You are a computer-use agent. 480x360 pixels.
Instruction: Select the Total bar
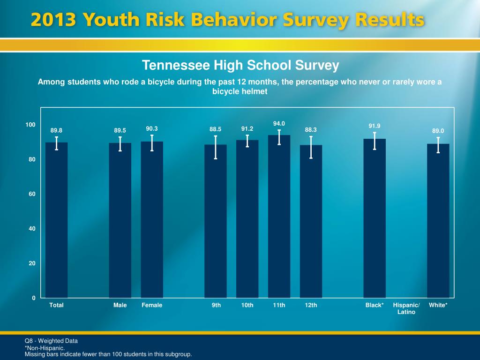tap(56, 220)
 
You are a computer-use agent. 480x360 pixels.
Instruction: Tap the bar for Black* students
tap(375, 218)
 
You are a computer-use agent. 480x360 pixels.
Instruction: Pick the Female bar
tap(152, 220)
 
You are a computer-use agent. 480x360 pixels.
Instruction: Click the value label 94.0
tap(279, 123)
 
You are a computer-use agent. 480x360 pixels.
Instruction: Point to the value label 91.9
tap(374, 126)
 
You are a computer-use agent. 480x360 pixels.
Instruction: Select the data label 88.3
tap(311, 129)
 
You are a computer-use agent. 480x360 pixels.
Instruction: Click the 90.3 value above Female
tap(152, 128)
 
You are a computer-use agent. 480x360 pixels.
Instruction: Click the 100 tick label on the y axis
tap(30, 125)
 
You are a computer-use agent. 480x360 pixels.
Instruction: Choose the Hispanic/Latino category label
tap(406, 308)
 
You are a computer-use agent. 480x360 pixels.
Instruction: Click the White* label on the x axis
tap(438, 305)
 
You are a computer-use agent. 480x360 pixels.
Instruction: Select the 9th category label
tap(216, 305)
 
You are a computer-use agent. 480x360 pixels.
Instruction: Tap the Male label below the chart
tap(120, 305)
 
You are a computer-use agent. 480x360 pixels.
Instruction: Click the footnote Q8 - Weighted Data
tap(51, 341)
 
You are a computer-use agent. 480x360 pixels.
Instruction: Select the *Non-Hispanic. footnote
tap(45, 348)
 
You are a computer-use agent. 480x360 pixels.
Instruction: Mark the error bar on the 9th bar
tap(216, 147)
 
